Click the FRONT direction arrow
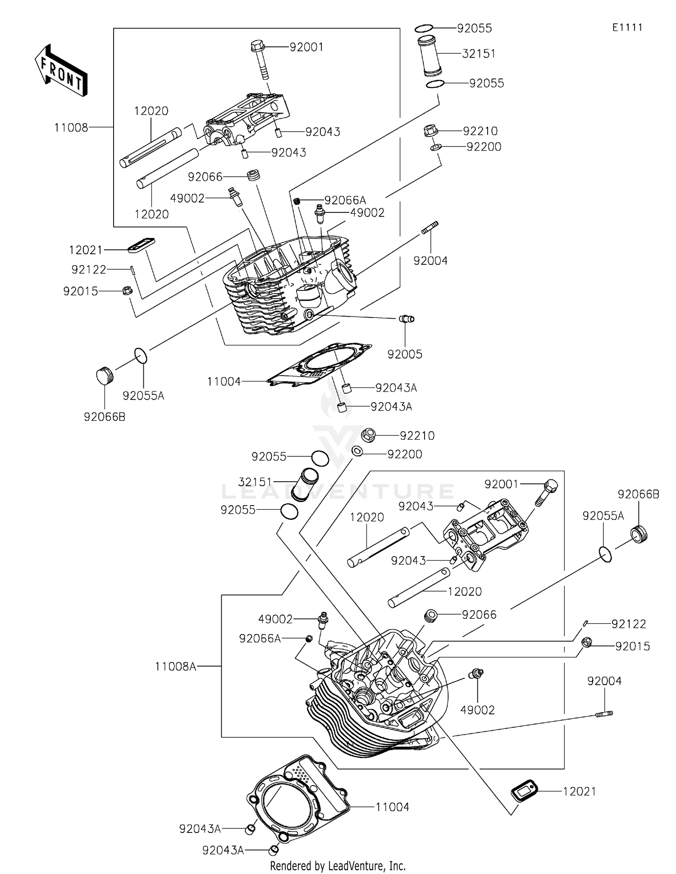(x=61, y=71)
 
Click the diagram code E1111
(x=627, y=28)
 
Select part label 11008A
(x=175, y=666)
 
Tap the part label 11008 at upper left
(x=71, y=128)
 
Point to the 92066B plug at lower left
(x=105, y=375)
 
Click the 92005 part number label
(x=405, y=354)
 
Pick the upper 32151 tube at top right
(x=429, y=56)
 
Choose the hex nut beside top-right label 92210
(x=430, y=131)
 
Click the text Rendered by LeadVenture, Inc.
(x=338, y=865)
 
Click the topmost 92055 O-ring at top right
(x=424, y=29)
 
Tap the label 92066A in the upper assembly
(x=345, y=200)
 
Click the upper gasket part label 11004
(x=224, y=382)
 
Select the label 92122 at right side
(x=628, y=624)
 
